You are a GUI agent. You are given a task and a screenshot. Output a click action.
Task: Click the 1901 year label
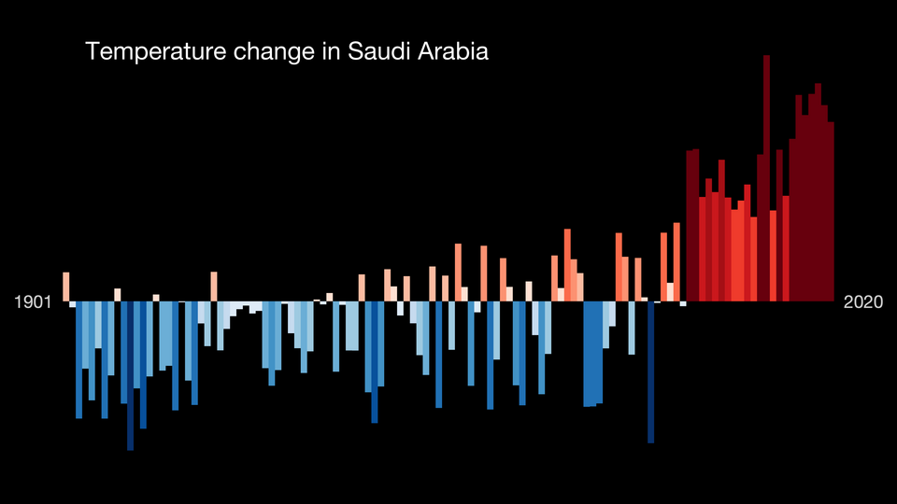[x=34, y=302]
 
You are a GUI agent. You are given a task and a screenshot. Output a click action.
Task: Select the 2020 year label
[x=863, y=302]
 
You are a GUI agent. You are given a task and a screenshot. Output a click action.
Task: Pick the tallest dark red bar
[x=766, y=177]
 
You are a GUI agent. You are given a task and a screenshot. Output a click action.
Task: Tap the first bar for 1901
[x=66, y=287]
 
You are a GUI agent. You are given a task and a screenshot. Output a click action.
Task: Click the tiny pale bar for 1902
[x=73, y=304]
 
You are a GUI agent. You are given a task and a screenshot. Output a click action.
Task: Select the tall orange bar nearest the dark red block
[x=676, y=261]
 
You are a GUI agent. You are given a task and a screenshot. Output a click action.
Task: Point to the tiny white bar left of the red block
[x=683, y=303]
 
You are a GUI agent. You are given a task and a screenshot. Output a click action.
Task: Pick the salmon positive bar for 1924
[x=214, y=287]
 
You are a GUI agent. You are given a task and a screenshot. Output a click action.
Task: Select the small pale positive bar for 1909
[x=118, y=295]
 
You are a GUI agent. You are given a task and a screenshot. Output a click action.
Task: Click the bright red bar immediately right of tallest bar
[x=773, y=256]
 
